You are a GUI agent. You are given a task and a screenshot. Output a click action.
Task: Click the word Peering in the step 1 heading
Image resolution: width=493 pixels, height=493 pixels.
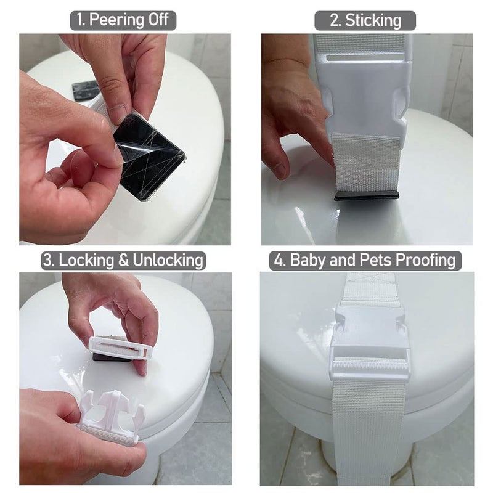click(x=116, y=20)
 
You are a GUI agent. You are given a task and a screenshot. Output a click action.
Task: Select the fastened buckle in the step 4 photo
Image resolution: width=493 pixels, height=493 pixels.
click(x=369, y=342)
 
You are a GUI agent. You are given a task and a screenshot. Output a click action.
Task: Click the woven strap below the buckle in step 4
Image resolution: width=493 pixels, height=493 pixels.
click(x=369, y=431)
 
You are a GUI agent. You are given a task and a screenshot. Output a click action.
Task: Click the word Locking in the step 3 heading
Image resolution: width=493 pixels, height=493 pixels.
click(x=86, y=260)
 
